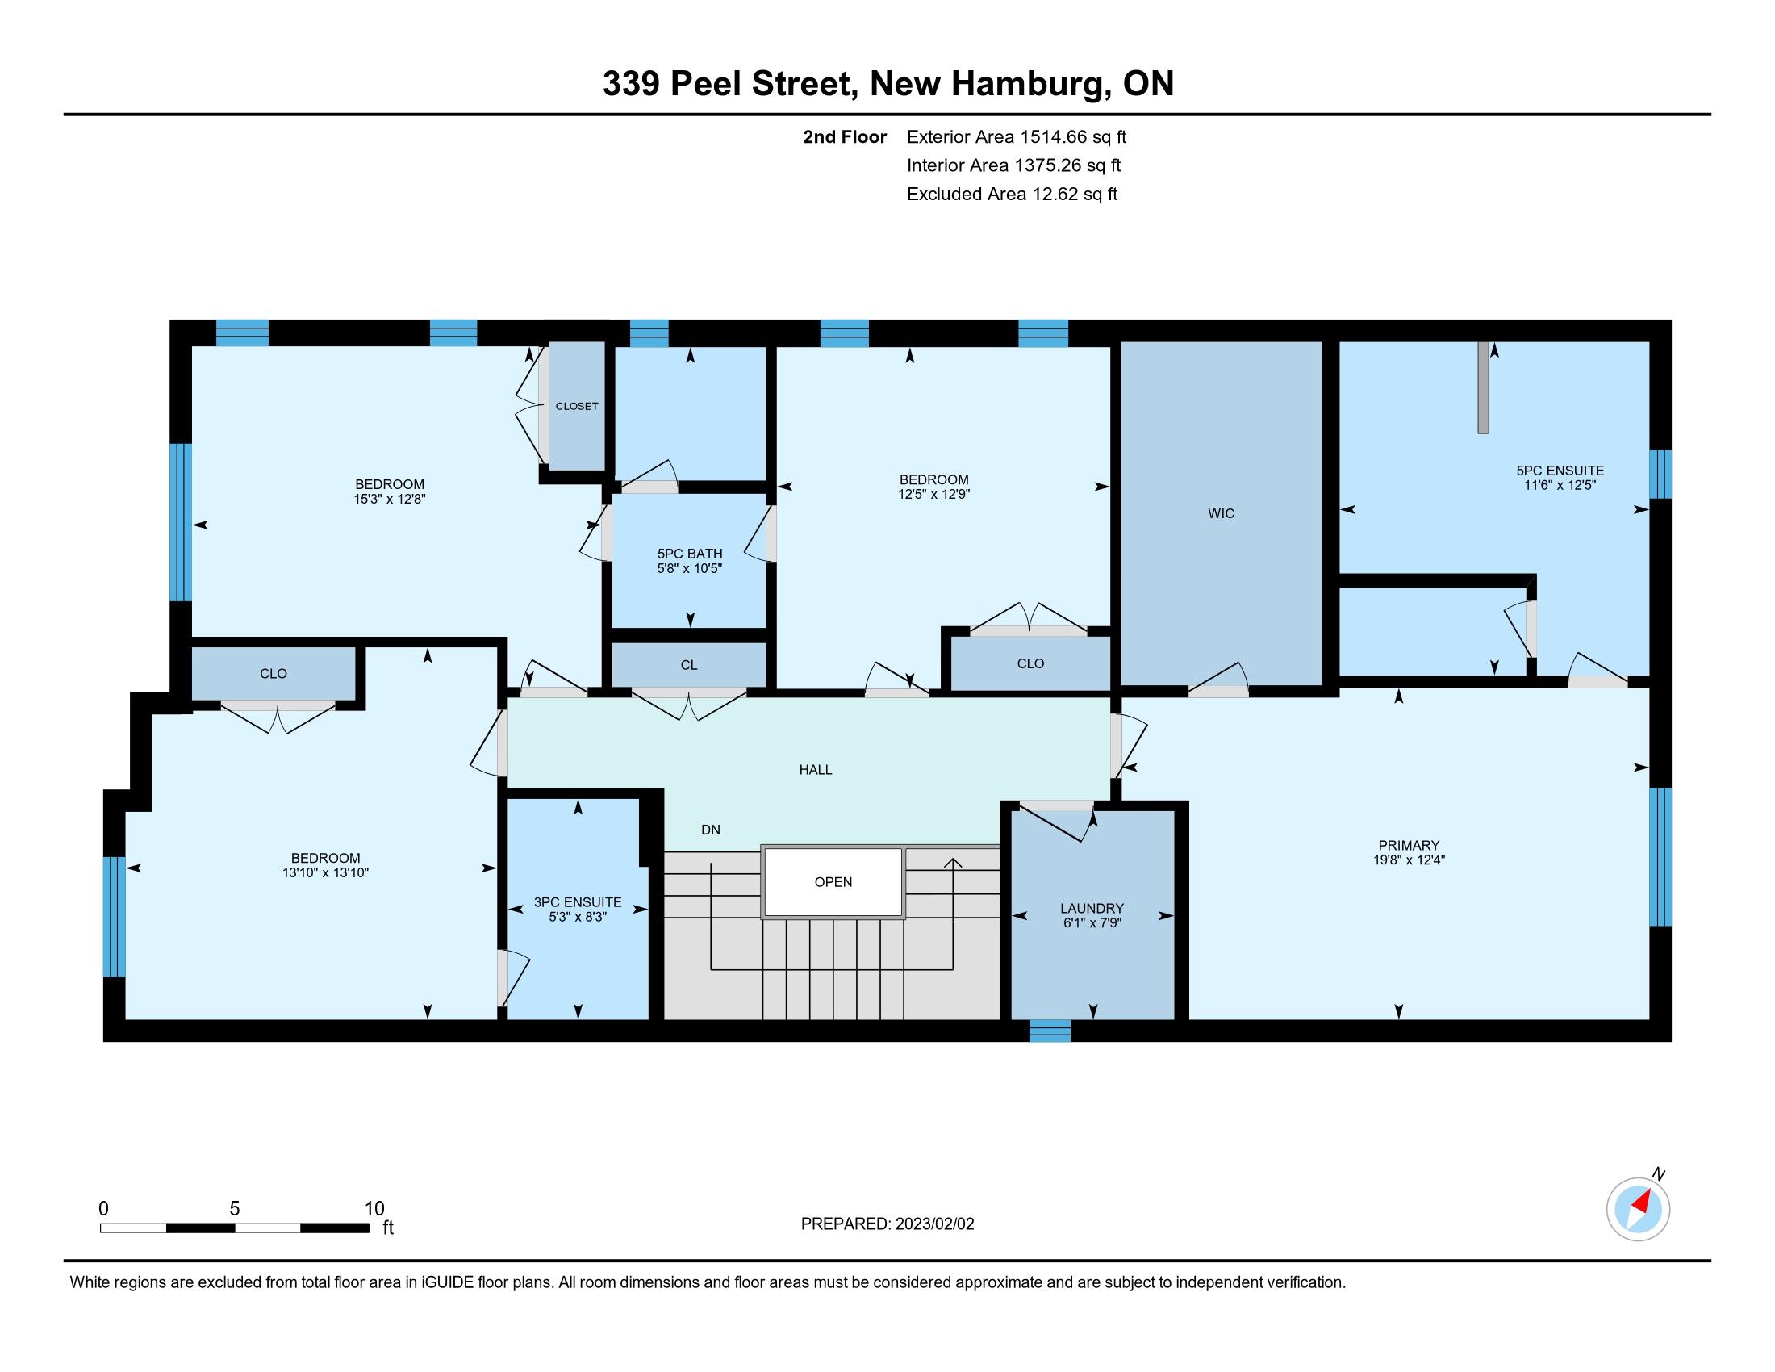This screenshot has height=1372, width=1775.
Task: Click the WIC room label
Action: click(x=1221, y=512)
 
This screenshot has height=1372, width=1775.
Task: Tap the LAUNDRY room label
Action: click(x=1092, y=908)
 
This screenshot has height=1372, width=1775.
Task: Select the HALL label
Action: click(x=815, y=770)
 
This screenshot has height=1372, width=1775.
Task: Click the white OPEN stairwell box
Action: click(x=833, y=882)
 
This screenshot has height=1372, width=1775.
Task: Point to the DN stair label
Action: click(x=710, y=830)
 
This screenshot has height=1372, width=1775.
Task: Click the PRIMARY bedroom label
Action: click(x=1409, y=845)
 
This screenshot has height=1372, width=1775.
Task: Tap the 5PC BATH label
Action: click(x=690, y=554)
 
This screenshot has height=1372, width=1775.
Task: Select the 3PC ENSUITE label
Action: click(x=577, y=902)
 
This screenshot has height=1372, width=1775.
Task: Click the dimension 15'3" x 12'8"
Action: click(x=390, y=499)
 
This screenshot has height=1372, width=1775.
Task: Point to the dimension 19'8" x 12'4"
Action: click(x=1409, y=860)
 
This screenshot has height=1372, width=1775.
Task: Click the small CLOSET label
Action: click(x=576, y=406)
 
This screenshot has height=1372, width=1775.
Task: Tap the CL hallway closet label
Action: click(x=688, y=665)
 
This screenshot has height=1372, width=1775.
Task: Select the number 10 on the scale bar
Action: click(x=374, y=1208)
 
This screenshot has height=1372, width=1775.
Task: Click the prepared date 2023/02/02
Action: click(x=933, y=1224)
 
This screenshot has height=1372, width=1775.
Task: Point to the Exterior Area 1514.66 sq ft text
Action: click(x=1017, y=136)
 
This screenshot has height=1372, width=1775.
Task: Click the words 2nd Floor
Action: click(x=845, y=136)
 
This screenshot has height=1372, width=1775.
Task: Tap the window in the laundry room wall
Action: click(x=1049, y=1031)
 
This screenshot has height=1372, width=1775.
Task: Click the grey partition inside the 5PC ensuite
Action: click(x=1483, y=387)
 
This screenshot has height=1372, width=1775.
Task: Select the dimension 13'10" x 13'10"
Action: click(x=325, y=873)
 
